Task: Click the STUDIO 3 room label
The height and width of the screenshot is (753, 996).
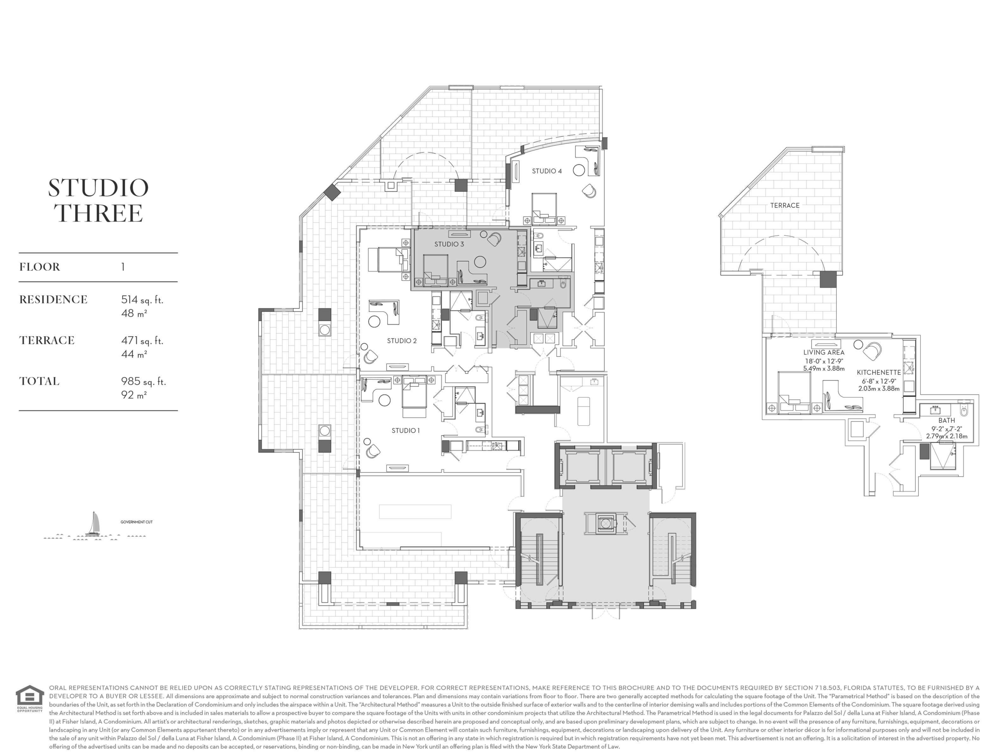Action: click(449, 244)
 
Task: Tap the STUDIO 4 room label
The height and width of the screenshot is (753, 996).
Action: click(547, 171)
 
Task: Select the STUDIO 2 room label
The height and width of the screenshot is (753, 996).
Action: click(402, 341)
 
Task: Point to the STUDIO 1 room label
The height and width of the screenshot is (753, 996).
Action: click(405, 430)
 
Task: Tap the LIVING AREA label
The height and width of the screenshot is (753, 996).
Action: click(824, 352)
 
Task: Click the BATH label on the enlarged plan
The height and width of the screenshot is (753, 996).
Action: click(947, 420)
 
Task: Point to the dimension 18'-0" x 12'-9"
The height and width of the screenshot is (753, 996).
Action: click(824, 361)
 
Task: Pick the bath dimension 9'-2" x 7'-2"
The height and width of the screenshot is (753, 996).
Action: click(947, 429)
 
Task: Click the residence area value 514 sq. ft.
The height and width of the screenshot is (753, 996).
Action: click(142, 300)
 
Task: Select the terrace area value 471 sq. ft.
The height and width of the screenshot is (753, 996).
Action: click(142, 341)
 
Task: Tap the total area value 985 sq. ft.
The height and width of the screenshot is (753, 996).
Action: click(143, 381)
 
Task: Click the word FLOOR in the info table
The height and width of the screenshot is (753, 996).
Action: click(40, 267)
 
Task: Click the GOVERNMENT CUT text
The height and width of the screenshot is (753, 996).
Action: click(136, 522)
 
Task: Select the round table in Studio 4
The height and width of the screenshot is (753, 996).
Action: click(579, 170)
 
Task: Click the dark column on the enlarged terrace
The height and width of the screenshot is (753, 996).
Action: click(828, 279)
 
